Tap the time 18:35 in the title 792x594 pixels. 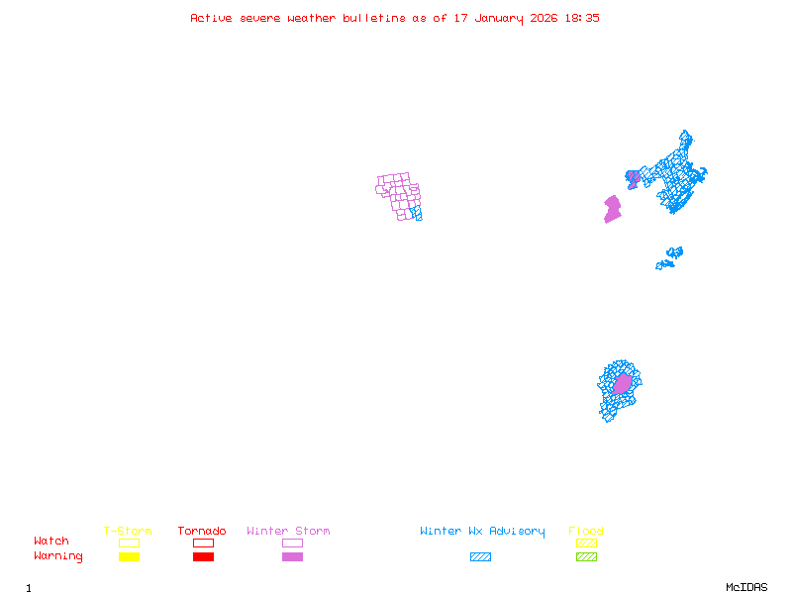coord(581,18)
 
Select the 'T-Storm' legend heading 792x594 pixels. coord(128,532)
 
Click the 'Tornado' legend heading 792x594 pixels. coord(202,532)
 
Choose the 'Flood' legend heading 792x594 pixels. coord(586,532)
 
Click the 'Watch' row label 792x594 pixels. coord(51,542)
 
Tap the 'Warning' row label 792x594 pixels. coord(58,556)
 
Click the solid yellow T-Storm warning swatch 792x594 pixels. coord(129,557)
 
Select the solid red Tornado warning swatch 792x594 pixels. coord(203,557)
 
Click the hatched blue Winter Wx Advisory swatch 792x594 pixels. coord(480,557)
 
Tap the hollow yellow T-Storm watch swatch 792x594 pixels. coord(129,543)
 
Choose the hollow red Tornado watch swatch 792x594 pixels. coord(203,543)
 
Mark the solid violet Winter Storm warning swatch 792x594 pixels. coord(292,557)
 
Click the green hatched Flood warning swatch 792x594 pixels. coord(586,557)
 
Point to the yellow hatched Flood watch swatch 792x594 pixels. coord(586,543)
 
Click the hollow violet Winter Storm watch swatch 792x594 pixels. coord(292,543)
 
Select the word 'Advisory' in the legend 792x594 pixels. coord(517,532)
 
